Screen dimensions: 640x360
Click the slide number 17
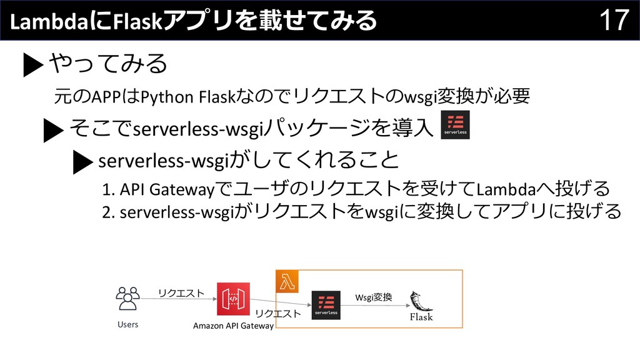[614, 20]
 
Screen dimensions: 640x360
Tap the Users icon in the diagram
[127, 299]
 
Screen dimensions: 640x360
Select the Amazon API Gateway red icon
[232, 299]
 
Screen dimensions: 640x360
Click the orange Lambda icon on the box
[287, 281]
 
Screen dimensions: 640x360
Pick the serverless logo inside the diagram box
[326, 305]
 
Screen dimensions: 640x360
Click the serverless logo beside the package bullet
[455, 124]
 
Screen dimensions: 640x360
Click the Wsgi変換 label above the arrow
[373, 296]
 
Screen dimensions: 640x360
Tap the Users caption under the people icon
[127, 325]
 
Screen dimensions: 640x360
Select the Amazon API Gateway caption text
[233, 326]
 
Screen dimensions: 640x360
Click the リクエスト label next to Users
[181, 292]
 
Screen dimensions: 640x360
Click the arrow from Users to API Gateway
[178, 299]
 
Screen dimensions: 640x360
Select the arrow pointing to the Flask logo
[375, 305]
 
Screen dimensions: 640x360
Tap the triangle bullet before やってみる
[32, 65]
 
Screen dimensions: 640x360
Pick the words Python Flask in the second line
[169, 97]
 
